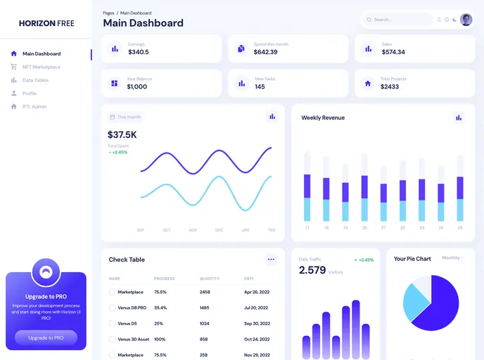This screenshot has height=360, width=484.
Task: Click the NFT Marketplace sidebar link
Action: pos(41,67)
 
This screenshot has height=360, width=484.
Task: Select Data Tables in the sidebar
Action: pos(35,80)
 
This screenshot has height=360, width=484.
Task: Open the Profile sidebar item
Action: pos(30,94)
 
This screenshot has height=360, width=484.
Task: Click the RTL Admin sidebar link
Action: pos(34,107)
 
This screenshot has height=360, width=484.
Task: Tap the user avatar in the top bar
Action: pos(466,20)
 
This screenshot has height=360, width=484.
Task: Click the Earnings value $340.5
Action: pos(139,52)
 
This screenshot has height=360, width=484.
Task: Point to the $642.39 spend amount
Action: pos(265,52)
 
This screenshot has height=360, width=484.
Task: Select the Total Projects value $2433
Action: pos(390,86)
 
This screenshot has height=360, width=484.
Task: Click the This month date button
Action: pos(125,117)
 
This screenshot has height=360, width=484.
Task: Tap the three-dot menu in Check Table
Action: pos(271,259)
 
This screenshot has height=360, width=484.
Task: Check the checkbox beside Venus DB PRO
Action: pos(112,308)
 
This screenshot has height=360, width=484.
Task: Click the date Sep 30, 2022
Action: pos(257,323)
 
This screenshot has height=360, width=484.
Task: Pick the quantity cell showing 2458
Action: pos(205,292)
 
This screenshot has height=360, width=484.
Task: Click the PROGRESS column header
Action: pos(164,278)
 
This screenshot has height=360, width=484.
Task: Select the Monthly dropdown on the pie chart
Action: pos(452,258)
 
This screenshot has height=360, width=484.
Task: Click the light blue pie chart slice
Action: pos(416,301)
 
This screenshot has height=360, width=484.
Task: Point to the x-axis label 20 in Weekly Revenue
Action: pos(364,228)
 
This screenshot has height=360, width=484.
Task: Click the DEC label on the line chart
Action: pos(219,230)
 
